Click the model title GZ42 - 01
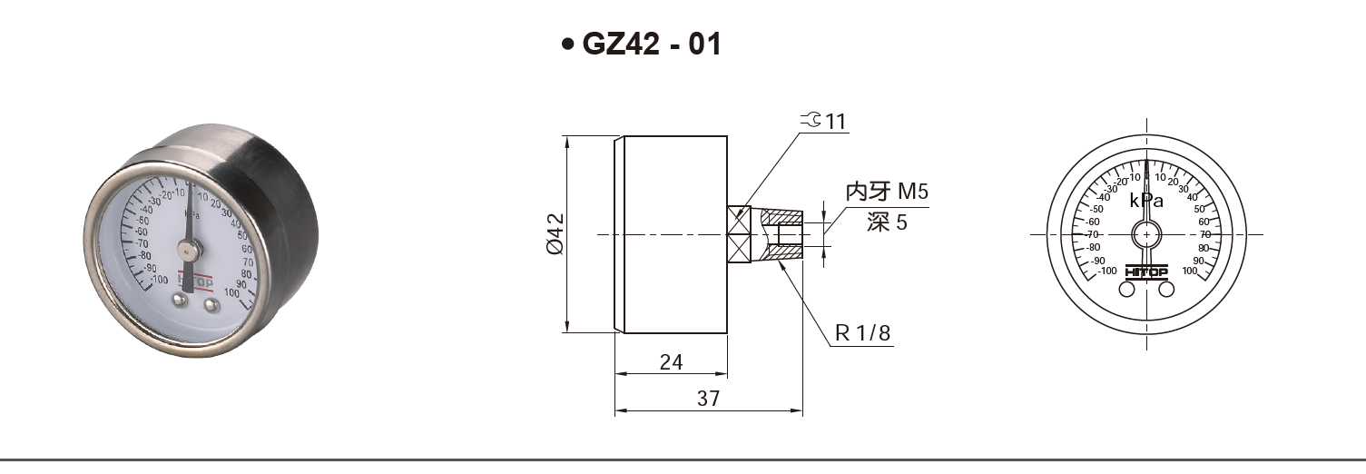click(651, 44)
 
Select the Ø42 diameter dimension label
click(554, 234)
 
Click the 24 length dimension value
click(671, 362)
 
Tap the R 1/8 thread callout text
click(862, 333)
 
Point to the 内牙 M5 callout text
click(887, 192)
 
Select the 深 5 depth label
click(886, 222)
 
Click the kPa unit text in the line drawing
click(1146, 201)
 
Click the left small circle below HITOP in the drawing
click(1126, 289)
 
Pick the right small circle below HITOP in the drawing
click(1167, 289)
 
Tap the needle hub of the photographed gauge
click(187, 246)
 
